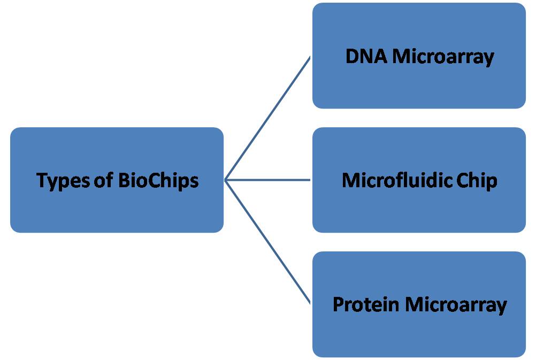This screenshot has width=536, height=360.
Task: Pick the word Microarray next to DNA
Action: (443, 56)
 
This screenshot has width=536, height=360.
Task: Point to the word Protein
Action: (366, 304)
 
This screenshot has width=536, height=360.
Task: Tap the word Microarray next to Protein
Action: (456, 304)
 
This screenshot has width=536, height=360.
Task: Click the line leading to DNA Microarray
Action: (267, 118)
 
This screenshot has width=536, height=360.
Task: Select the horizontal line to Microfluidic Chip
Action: (267, 180)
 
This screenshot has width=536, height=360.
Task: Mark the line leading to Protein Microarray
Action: (267, 242)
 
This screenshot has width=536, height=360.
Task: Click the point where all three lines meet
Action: (225, 180)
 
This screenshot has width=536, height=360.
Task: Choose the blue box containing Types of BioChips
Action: (117, 214)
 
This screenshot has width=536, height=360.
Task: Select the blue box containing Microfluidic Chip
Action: (419, 214)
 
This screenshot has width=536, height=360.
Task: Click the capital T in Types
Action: (41, 180)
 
